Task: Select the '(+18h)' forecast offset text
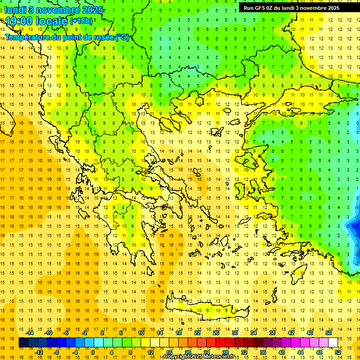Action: (x=81, y=21)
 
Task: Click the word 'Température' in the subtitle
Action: (x=29, y=37)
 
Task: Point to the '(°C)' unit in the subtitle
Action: (x=122, y=37)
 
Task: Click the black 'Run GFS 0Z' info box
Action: (x=295, y=7)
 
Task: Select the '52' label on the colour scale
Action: (x=338, y=352)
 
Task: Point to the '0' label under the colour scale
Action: (x=92, y=352)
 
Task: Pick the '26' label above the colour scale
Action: (x=216, y=333)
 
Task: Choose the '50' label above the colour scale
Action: (x=329, y=333)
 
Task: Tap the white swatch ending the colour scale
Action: (x=333, y=343)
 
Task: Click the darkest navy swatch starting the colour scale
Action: (x=24, y=343)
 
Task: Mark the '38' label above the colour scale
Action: (x=272, y=333)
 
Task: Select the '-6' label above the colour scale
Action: (x=67, y=333)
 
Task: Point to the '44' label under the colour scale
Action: (x=300, y=352)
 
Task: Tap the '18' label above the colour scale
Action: (x=179, y=333)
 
